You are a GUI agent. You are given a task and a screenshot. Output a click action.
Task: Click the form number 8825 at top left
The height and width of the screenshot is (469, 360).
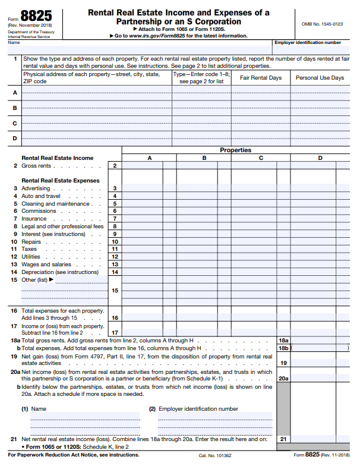click(x=36, y=17)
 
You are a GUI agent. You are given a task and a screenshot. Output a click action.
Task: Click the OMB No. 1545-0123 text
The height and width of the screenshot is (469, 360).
click(x=322, y=24)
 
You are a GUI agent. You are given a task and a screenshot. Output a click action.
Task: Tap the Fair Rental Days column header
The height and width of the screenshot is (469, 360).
click(x=260, y=78)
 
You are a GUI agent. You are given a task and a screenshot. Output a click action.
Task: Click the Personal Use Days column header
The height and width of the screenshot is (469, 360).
click(x=320, y=78)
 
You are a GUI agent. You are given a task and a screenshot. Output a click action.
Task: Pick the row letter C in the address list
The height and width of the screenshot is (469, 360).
click(x=15, y=123)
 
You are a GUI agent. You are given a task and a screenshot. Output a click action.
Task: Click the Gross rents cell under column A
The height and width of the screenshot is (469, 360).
click(x=143, y=166)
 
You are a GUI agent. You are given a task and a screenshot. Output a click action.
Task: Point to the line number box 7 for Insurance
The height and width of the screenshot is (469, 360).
click(x=115, y=219)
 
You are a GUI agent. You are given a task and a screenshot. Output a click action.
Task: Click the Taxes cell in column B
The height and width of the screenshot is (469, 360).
click(x=197, y=250)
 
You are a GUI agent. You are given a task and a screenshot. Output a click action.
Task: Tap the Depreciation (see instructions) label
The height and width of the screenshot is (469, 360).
click(x=60, y=272)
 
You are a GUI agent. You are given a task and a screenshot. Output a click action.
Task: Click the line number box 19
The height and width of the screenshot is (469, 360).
click(x=283, y=363)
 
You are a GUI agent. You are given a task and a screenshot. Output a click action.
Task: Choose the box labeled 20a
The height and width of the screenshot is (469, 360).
click(x=283, y=378)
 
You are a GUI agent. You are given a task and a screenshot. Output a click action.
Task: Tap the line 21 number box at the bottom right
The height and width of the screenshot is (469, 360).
click(x=283, y=439)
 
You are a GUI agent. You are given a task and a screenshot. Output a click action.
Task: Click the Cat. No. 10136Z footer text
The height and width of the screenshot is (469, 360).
click(x=215, y=455)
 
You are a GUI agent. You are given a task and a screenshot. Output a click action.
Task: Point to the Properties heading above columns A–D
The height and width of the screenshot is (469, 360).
click(x=236, y=150)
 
